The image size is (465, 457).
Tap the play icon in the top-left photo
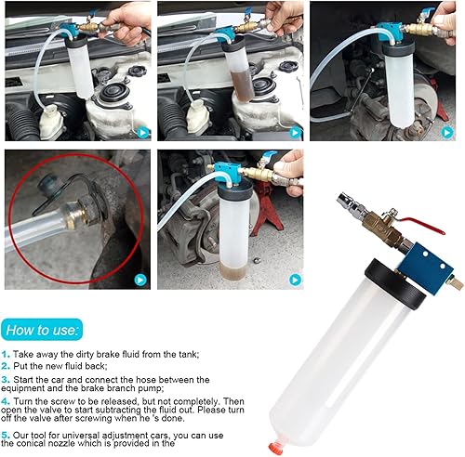pyautogui.click(x=140, y=132)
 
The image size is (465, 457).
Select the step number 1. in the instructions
pyautogui.click(x=7, y=353)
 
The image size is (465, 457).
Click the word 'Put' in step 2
pyautogui.click(x=24, y=366)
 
